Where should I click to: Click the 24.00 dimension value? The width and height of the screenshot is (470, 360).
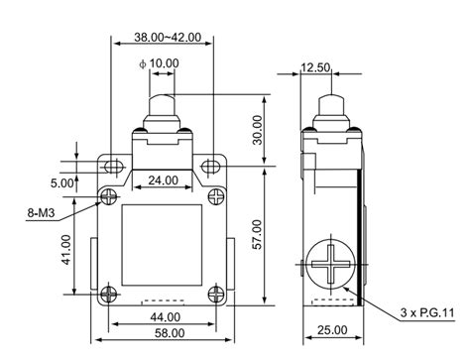click(x=164, y=181)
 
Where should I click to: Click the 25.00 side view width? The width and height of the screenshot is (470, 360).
click(x=332, y=330)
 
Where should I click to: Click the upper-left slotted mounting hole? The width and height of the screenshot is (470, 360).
click(x=113, y=167)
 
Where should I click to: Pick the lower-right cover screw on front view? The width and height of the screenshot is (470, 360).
click(x=217, y=293)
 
